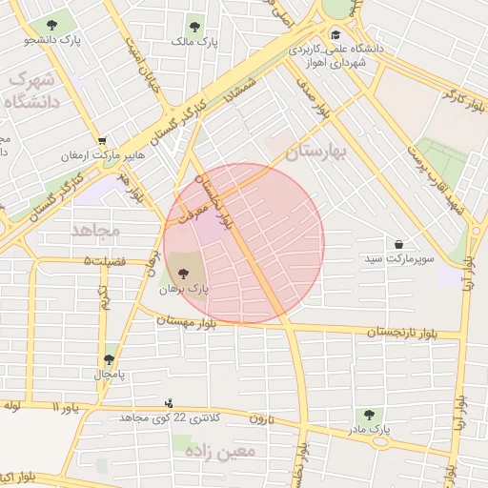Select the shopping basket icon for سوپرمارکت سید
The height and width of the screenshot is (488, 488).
[398, 245]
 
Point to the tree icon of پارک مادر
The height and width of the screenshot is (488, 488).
[369, 415]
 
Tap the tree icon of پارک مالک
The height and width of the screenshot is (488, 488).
[195, 28]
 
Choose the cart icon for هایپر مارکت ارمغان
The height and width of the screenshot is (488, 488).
[102, 141]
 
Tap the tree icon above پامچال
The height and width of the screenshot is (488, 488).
[110, 359]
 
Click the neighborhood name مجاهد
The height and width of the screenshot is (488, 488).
[93, 230]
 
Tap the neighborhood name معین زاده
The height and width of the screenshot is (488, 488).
[222, 451]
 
